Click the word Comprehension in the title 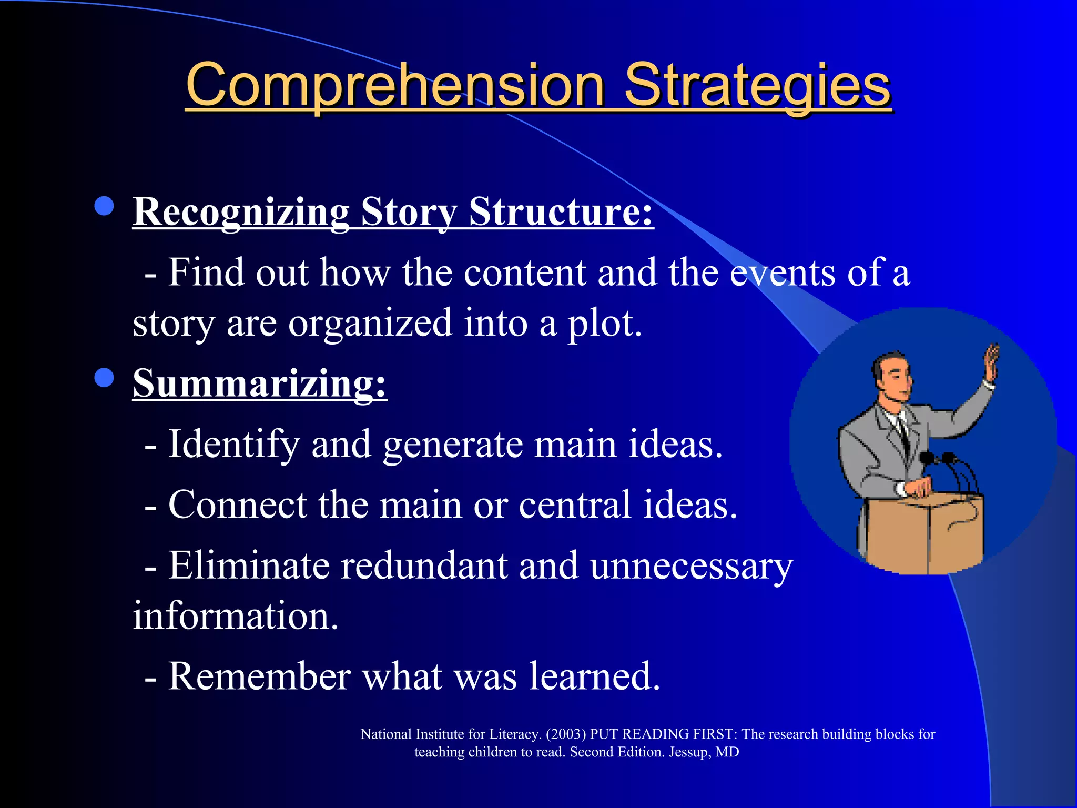394,86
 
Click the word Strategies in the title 757,86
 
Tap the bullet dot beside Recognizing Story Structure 104,206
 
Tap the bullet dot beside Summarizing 104,377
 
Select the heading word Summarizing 260,383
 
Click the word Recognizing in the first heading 241,212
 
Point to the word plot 605,324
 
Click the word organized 370,324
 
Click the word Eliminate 248,566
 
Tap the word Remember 259,676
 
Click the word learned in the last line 594,676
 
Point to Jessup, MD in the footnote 704,752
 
